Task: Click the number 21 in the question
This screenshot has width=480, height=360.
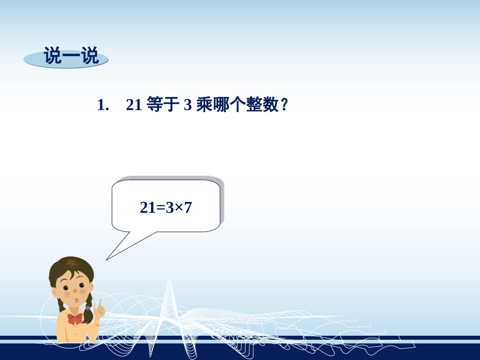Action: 133,105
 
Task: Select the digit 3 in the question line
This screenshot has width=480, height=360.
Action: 186,105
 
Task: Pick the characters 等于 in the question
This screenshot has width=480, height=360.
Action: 160,105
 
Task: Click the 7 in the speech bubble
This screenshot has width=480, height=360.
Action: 188,207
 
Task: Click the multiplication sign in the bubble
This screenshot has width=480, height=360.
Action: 178,207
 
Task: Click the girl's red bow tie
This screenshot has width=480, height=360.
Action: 74,319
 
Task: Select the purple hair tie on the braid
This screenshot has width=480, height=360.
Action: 88,306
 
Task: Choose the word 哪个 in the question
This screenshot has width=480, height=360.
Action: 228,105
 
